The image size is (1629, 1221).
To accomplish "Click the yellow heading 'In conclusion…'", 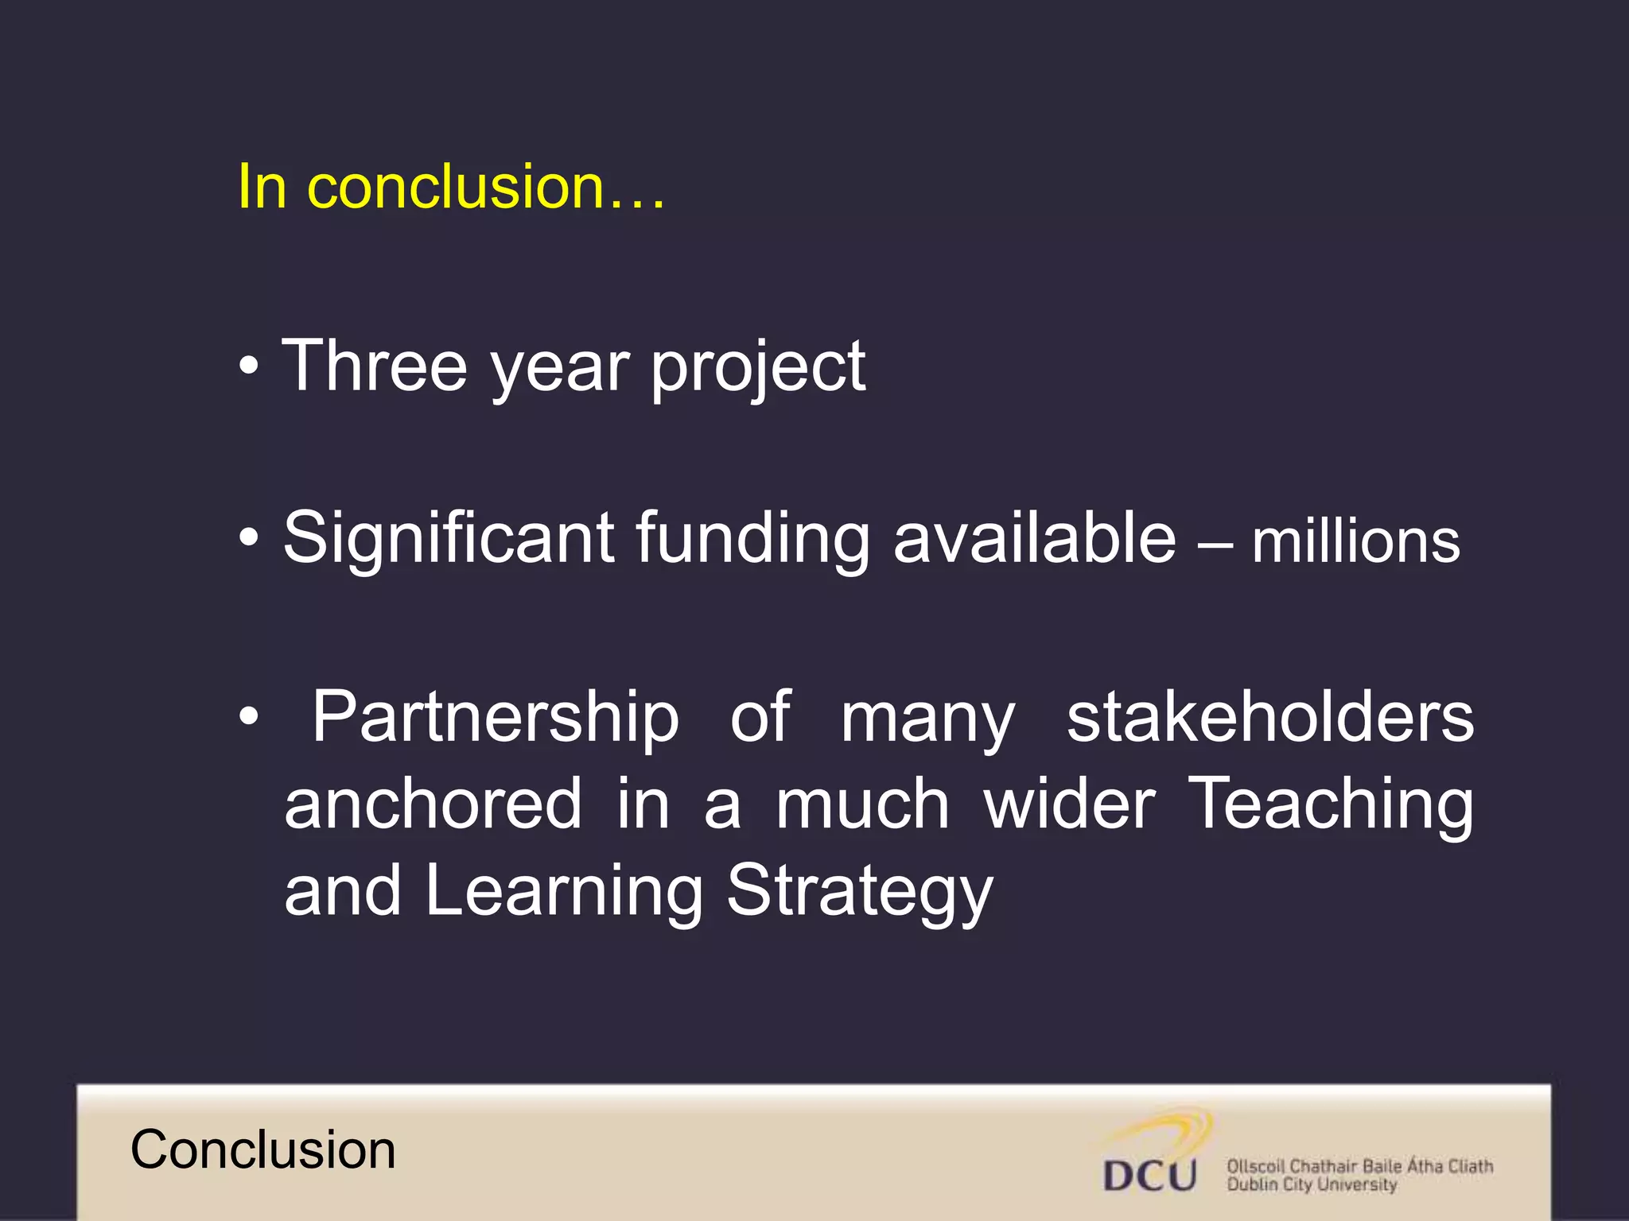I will (450, 187).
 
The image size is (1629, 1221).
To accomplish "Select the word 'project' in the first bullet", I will (758, 368).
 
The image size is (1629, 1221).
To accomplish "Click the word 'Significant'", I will (449, 540).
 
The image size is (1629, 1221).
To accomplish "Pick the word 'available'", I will (1034, 538).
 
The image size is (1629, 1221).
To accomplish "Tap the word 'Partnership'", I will (495, 718).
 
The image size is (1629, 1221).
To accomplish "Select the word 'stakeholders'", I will (1270, 717).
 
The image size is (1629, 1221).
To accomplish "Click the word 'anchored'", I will (433, 804).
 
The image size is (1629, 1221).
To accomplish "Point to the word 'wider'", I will (1069, 804).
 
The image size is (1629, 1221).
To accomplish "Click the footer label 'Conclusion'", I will (262, 1150).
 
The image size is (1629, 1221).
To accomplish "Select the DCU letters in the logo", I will (1150, 1175).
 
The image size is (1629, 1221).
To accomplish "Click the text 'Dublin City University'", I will (1312, 1185).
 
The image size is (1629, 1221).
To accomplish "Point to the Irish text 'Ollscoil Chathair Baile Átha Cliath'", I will (1359, 1166).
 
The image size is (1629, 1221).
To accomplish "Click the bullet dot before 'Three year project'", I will (249, 366).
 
